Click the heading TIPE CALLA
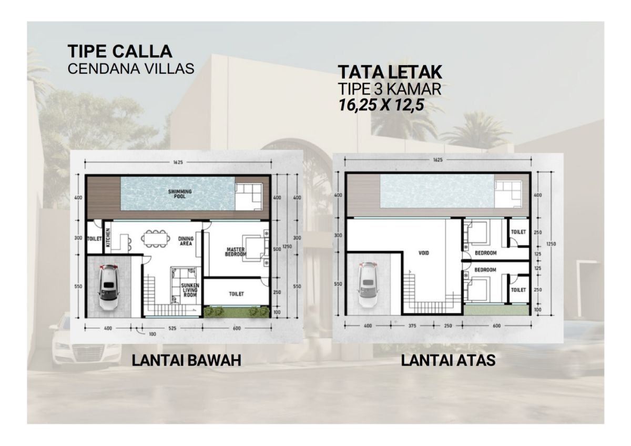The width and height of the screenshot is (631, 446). coord(120,52)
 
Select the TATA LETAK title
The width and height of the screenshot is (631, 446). coord(389,72)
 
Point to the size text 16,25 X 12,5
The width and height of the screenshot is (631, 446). coord(381,104)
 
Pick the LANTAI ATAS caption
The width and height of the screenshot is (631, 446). coord(448,361)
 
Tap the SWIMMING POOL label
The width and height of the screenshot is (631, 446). coord(180,194)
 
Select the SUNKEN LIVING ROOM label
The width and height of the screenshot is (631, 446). coord(190,290)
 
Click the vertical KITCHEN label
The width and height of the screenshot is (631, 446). coord(108,238)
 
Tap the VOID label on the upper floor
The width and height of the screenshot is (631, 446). coord(424,253)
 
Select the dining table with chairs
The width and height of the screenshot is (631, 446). coord(155,238)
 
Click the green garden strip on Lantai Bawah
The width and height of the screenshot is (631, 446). coord(236,312)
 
